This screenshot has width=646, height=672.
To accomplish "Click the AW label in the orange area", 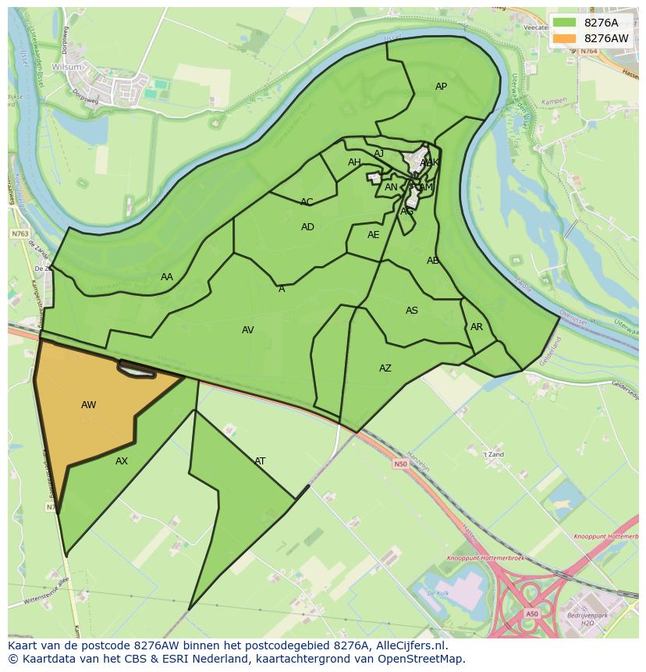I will pos(88,405).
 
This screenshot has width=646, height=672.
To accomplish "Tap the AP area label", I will pos(441,87).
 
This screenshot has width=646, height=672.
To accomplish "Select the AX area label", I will pos(121,461).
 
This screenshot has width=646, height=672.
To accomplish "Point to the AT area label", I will pos(260,461).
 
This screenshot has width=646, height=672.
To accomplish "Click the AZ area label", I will pos(385,368).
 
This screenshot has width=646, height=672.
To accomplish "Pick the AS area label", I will pos(412,311).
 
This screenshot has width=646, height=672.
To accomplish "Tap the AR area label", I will pos(477,327).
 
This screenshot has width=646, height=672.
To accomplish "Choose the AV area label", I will pos(247,330).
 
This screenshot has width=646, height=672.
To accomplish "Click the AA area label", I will pos(167,277).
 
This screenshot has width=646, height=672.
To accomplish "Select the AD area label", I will pos(307,227).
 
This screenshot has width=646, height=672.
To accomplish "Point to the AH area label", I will pos(354,162).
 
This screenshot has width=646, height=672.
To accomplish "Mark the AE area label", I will pos(373,235).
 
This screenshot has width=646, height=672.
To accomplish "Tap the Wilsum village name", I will pos(67,67).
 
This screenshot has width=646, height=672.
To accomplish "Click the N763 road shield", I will pos(20,233).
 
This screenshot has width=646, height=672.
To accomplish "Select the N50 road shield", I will pos(400,464).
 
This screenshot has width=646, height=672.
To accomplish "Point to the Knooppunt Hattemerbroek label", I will pos(480,559).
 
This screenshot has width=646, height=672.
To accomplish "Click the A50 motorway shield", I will pos(531,613).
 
